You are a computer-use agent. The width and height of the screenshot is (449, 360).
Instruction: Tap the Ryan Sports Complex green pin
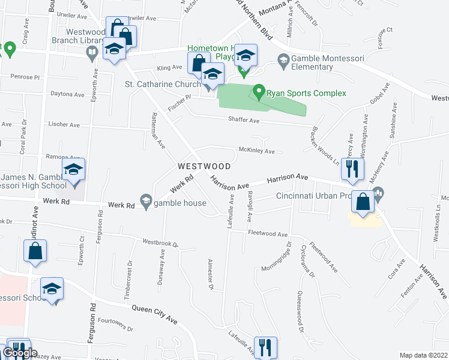259,92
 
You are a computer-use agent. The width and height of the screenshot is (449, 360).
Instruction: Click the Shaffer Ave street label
243,120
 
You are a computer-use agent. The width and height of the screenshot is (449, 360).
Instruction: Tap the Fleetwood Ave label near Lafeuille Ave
268,234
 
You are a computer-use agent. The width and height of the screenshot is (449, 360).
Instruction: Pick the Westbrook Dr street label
160,244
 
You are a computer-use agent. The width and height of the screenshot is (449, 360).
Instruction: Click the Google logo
20,353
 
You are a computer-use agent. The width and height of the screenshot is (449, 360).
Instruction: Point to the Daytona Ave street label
67,94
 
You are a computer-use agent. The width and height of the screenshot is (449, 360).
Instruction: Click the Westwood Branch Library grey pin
91,53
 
